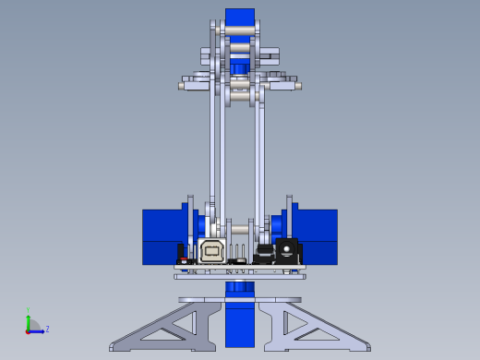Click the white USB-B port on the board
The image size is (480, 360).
(212, 250)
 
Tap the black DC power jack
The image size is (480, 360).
(287, 249)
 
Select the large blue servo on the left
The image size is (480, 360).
(162, 236)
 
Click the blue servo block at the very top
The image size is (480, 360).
(240, 18)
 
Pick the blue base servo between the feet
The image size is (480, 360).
(239, 318)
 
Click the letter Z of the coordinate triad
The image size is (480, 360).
(47, 329)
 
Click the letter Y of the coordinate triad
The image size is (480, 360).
(29, 310)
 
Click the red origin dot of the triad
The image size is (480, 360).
(29, 330)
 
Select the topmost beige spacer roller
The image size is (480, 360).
(239, 29)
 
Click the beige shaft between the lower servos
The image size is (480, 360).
(240, 228)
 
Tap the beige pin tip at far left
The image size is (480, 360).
(181, 86)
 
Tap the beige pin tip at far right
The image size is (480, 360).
(298, 86)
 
